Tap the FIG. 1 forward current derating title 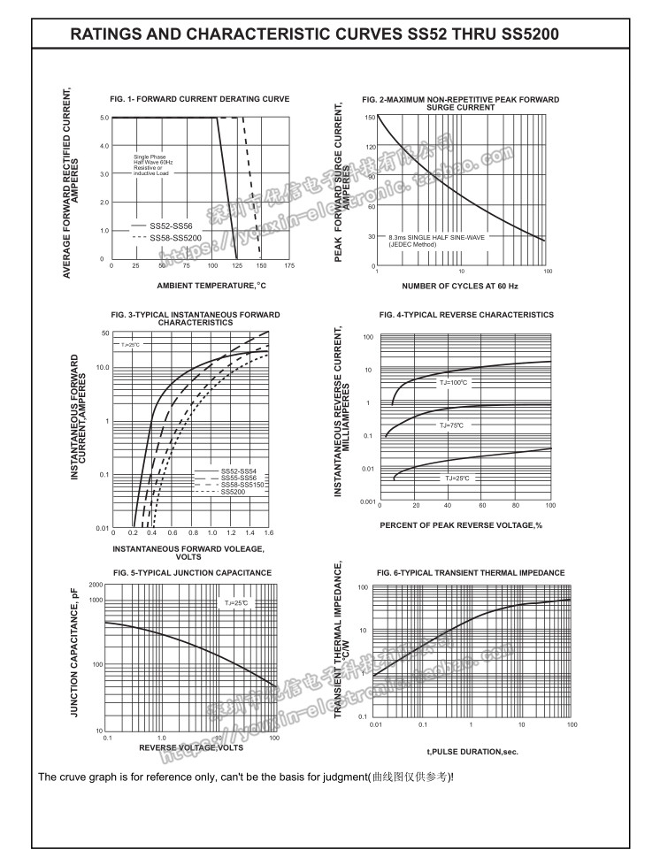click(199, 99)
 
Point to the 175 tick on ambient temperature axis click(288, 265)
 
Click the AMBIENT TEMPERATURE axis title click(211, 286)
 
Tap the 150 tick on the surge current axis click(370, 118)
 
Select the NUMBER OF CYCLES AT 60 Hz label click(460, 286)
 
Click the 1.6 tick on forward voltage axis click(268, 533)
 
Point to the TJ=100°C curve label click(453, 382)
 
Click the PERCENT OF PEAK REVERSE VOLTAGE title click(460, 525)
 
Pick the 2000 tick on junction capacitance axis click(96, 586)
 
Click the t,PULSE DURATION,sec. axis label click(472, 752)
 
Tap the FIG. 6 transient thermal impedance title click(470, 573)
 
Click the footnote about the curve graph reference click(246, 777)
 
